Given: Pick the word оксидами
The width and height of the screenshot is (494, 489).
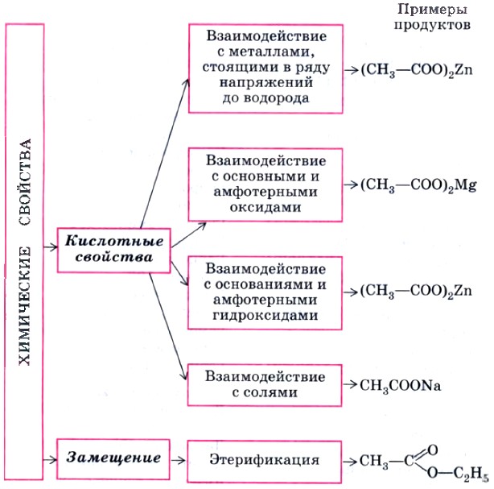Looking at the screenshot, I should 254,207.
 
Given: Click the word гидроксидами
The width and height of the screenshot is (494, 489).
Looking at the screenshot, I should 254,317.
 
